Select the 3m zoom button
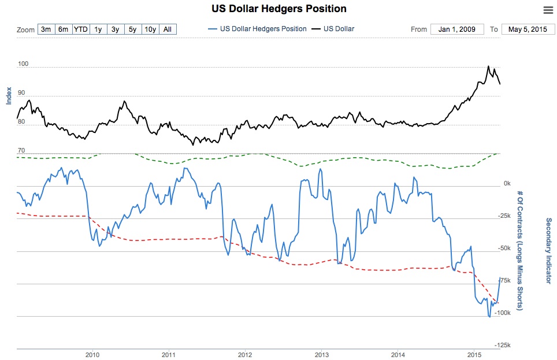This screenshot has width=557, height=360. click(46, 29)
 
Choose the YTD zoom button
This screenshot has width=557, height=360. click(80, 29)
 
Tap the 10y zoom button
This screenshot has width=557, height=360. click(150, 29)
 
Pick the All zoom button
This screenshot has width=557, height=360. click(167, 29)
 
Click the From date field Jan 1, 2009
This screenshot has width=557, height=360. click(457, 29)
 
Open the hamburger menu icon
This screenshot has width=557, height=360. click(548, 10)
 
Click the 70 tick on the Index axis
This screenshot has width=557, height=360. click(21, 150)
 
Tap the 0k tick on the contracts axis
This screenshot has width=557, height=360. click(507, 183)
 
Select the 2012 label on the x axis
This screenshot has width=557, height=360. click(245, 354)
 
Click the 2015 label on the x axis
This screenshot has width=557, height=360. click(474, 354)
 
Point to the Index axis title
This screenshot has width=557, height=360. click(9, 96)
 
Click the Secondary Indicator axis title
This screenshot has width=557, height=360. click(548, 251)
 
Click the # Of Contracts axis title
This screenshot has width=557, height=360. click(520, 250)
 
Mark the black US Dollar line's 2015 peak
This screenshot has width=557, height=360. click(488, 66)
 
